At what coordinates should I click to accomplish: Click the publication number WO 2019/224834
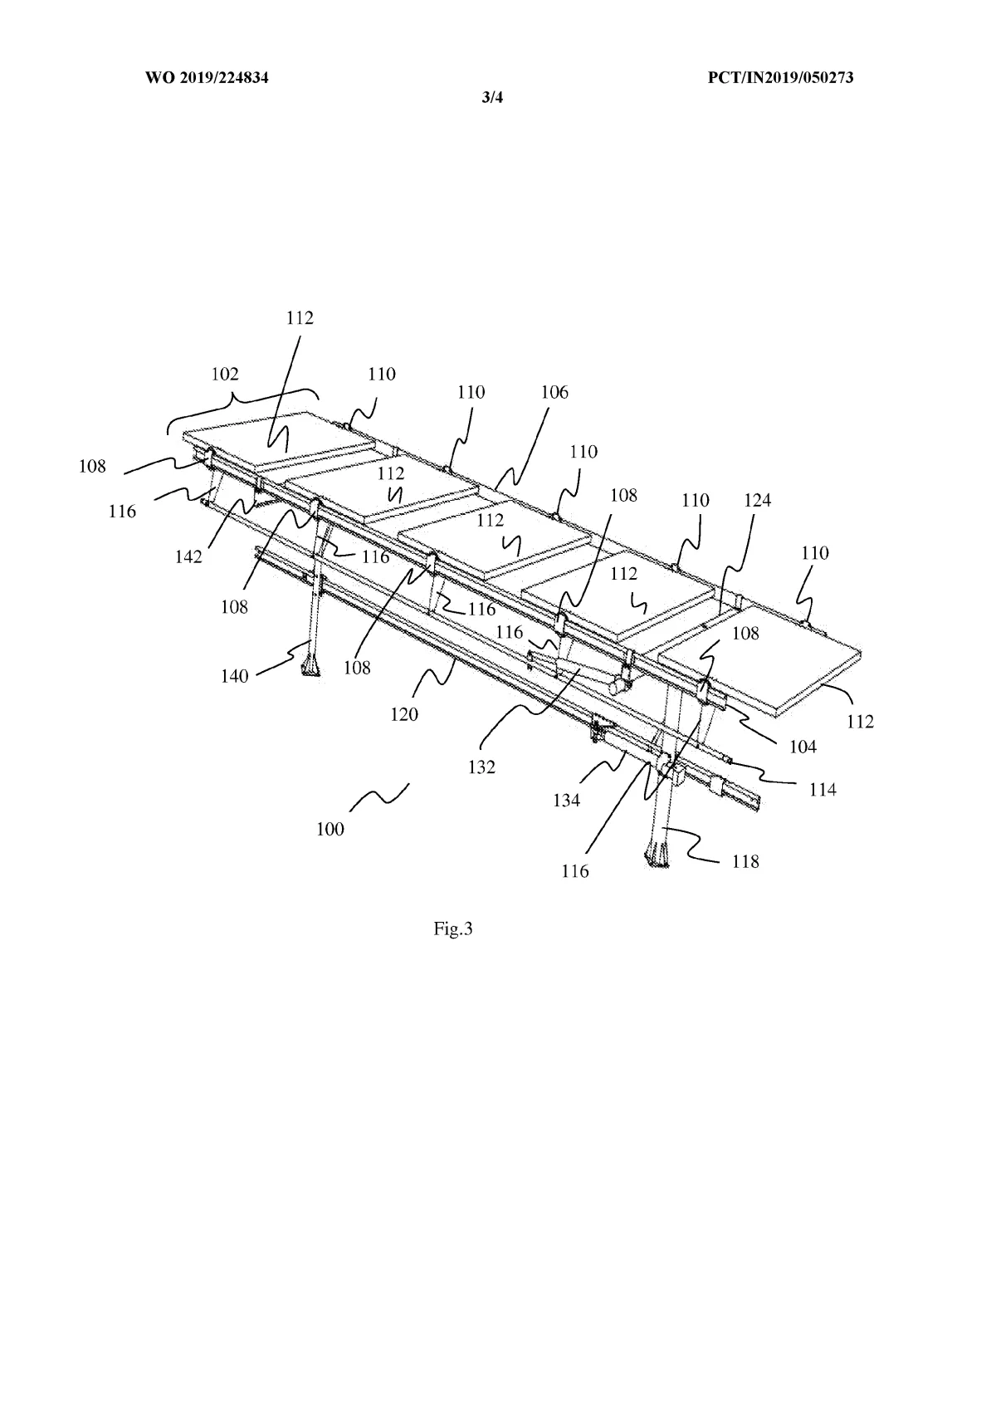[x=208, y=78]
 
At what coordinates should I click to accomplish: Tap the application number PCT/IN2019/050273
[x=781, y=78]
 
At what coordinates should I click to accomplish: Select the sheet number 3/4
[x=493, y=98]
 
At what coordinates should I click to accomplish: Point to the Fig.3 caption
[x=453, y=928]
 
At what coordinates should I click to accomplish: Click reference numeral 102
[x=224, y=375]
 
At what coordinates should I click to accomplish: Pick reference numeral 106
[x=554, y=393]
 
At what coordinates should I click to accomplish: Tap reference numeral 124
[x=757, y=500]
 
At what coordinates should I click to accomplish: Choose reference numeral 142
[x=188, y=556]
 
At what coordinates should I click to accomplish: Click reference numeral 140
[x=235, y=676]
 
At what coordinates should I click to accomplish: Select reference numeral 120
[x=405, y=713]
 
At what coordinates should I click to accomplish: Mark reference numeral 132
[x=481, y=767]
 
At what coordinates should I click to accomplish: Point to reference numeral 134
[x=568, y=800]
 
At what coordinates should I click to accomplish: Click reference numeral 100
[x=330, y=829]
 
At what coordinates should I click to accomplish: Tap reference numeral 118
[x=745, y=861]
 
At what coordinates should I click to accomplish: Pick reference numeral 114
[x=823, y=790]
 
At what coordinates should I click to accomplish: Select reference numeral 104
[x=803, y=747]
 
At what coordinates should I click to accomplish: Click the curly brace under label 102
[x=241, y=402]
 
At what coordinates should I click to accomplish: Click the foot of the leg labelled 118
[x=656, y=855]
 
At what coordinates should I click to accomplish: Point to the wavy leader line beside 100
[x=379, y=796]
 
